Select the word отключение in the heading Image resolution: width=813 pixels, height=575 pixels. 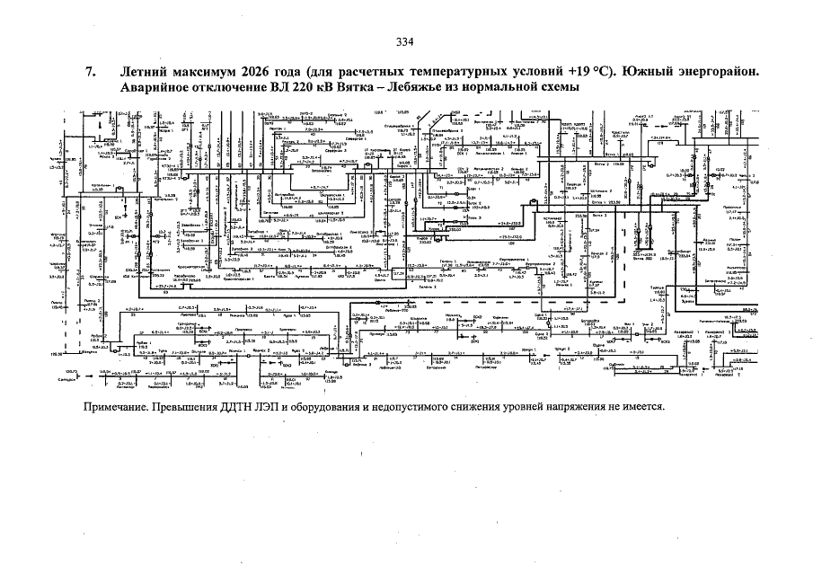pos(233,88)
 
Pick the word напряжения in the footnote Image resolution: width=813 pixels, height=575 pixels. pos(600,406)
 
